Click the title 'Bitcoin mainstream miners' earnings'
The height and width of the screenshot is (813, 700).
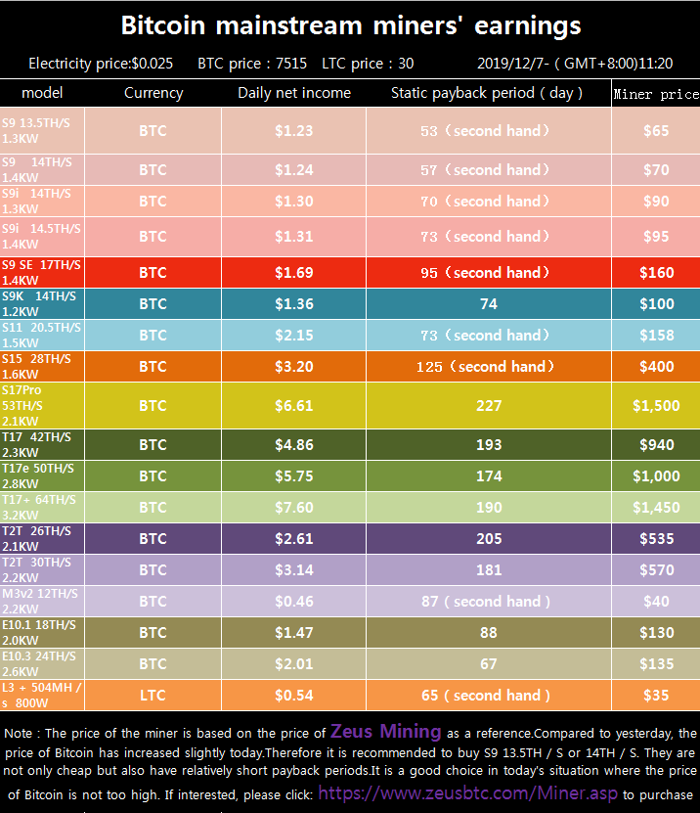pos(350,24)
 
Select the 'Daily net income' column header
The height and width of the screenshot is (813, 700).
pos(294,93)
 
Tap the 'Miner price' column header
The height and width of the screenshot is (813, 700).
pos(655,94)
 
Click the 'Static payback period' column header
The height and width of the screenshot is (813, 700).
pos(487,93)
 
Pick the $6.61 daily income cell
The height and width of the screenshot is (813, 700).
pos(294,405)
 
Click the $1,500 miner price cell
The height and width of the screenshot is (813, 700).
pos(656,405)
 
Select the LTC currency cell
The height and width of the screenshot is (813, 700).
pos(153,695)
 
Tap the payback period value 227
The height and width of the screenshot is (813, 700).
pos(489,405)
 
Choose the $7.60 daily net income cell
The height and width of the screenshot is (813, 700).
pos(294,507)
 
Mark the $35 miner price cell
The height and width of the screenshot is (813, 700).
pos(656,695)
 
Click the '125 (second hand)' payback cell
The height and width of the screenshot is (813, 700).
pos(486,366)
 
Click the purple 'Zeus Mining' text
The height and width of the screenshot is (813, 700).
pos(385,731)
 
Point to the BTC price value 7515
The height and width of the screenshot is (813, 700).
pos(291,64)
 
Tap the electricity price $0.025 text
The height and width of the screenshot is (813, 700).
pos(152,64)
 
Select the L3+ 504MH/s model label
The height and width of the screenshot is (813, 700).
pos(40,695)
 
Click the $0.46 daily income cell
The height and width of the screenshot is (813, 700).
pos(294,601)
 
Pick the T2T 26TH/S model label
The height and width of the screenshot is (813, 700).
pos(36,538)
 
